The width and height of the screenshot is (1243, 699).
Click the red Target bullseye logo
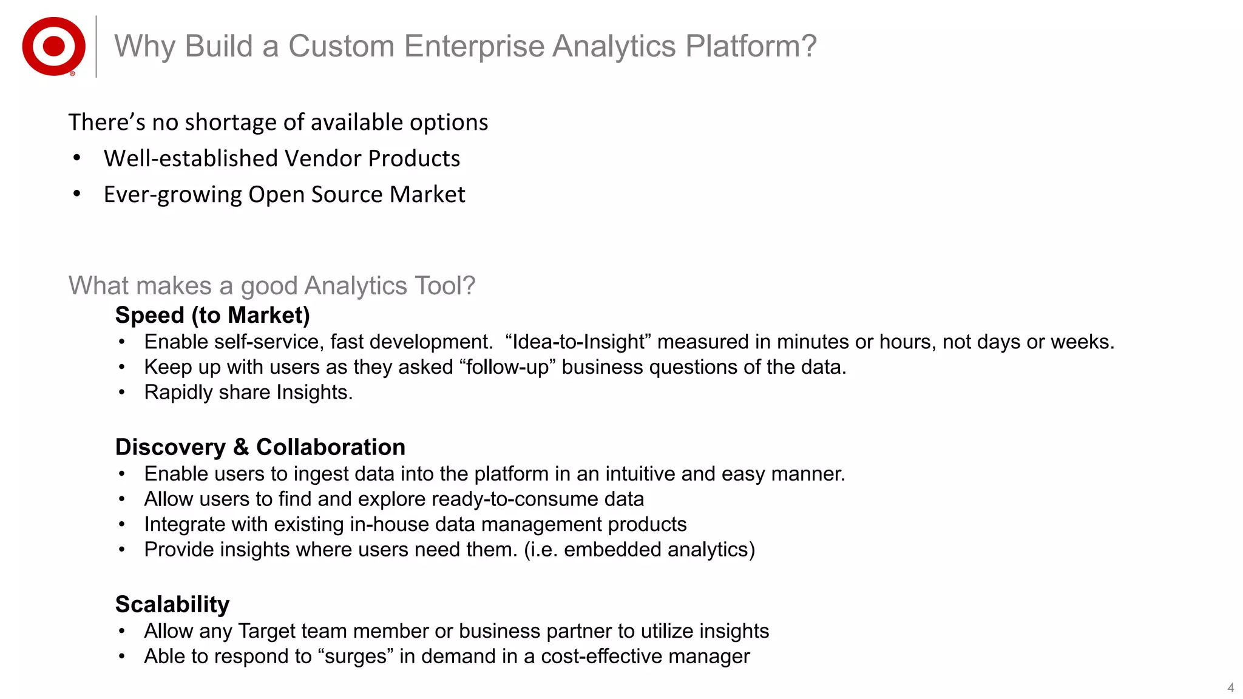point(53,46)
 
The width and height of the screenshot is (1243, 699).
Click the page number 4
point(1230,687)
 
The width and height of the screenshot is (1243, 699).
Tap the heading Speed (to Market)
point(212,315)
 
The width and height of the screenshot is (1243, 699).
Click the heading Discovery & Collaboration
point(260,447)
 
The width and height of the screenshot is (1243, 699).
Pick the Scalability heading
point(172,604)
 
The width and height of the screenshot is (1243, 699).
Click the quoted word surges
point(355,656)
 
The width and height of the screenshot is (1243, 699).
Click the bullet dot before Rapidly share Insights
point(122,393)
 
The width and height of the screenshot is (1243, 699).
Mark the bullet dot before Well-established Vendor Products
point(76,158)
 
